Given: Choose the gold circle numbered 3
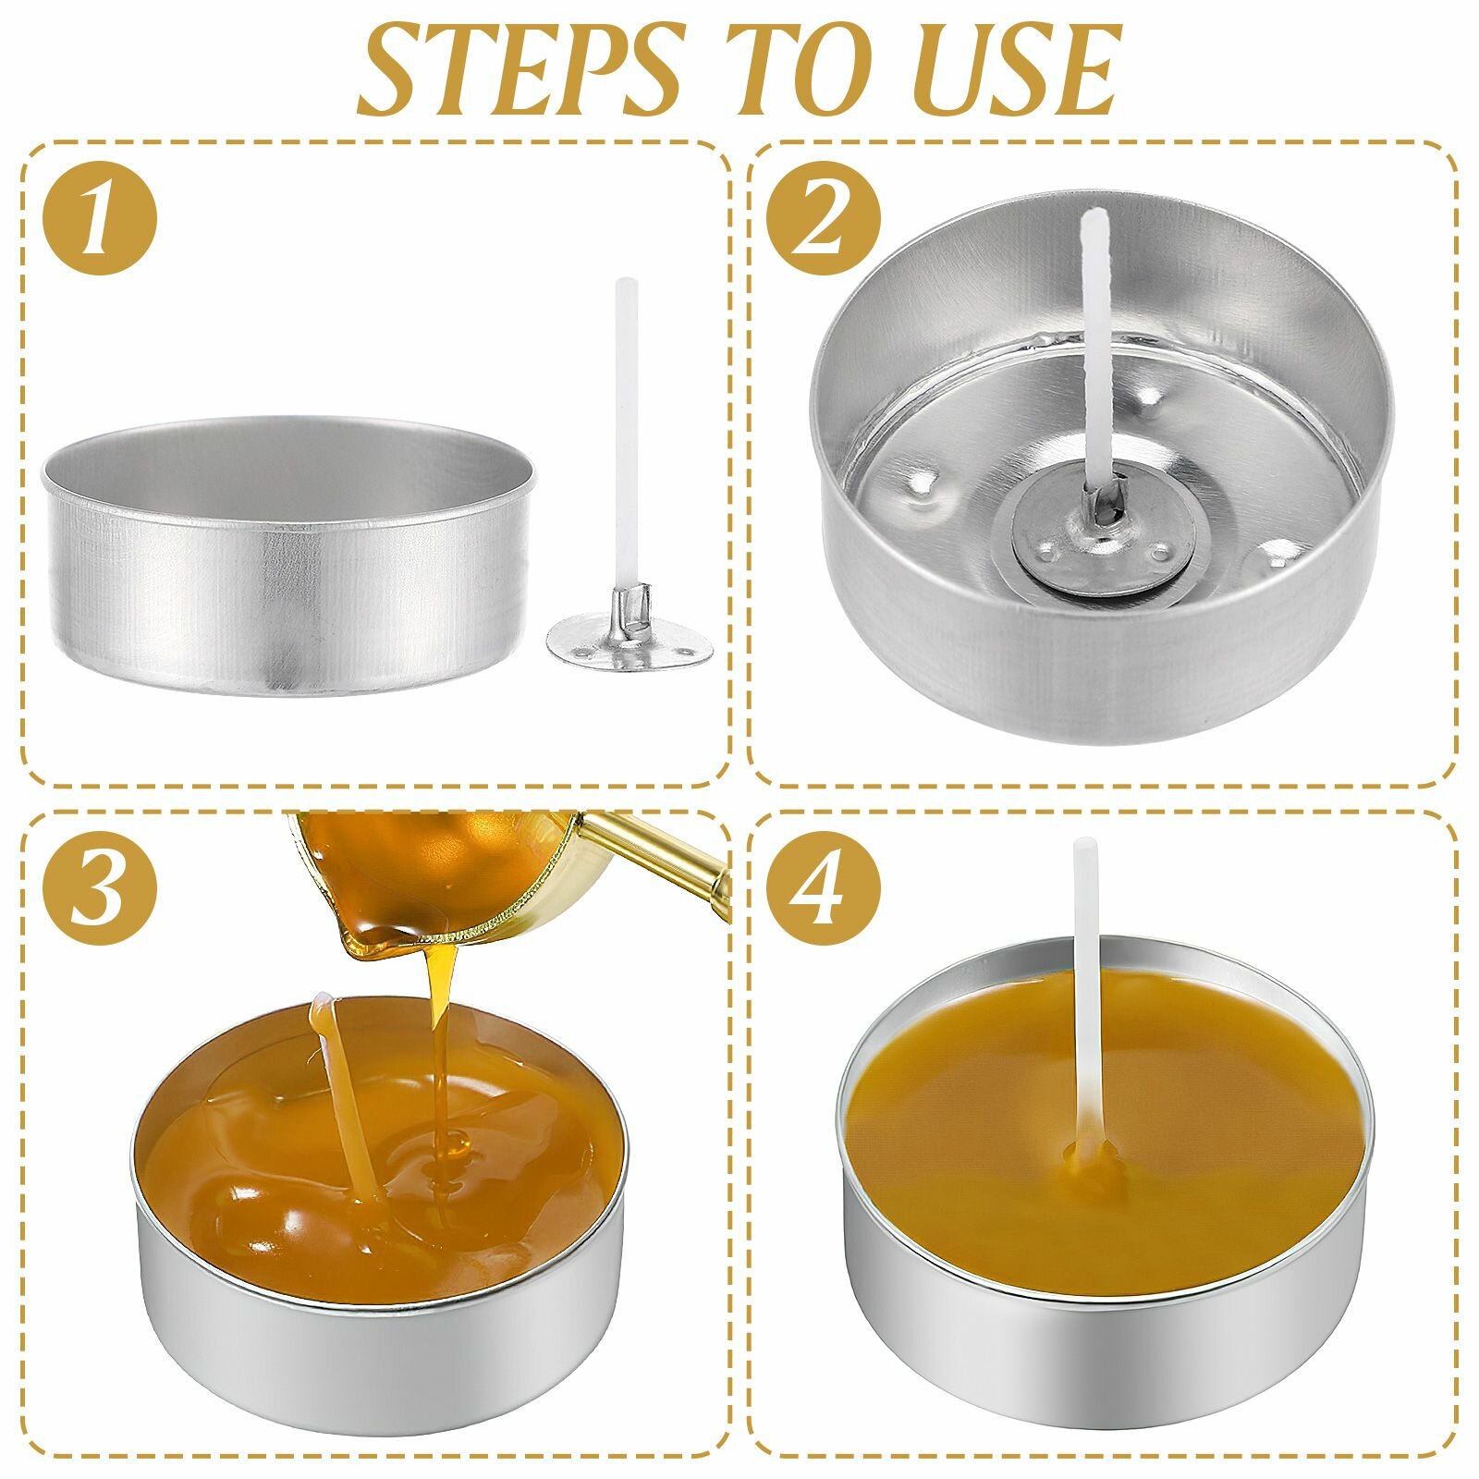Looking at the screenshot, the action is pos(100,885).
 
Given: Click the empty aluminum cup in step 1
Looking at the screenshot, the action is pos(288,555).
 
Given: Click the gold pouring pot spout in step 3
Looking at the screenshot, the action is pos(370,938).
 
